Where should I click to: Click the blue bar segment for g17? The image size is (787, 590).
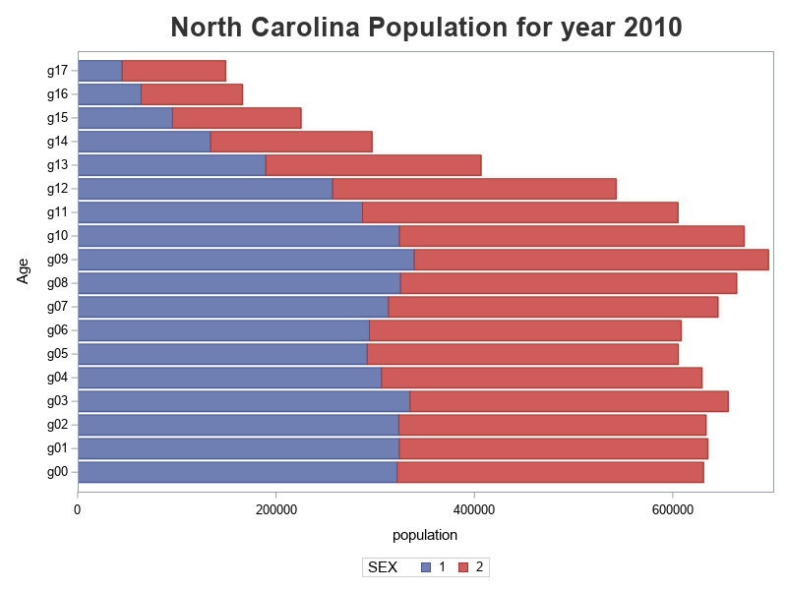[99, 71]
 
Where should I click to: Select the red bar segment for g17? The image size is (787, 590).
[173, 71]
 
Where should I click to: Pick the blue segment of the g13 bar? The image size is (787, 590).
[171, 165]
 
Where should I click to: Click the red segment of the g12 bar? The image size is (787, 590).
[474, 189]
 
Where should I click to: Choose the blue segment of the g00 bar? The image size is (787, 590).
[237, 472]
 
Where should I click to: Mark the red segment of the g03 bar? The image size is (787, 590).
[569, 401]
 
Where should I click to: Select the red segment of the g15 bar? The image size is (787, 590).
[236, 118]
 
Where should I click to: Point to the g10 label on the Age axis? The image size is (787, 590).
[57, 236]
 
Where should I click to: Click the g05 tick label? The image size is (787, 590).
[57, 354]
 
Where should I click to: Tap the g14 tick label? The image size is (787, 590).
[57, 142]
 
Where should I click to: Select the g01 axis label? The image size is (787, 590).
[57, 448]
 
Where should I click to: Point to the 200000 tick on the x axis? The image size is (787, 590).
[276, 508]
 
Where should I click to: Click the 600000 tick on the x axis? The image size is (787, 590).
[673, 508]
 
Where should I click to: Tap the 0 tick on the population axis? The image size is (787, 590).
[78, 508]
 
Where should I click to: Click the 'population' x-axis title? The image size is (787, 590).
[425, 536]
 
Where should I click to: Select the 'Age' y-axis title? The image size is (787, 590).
[24, 270]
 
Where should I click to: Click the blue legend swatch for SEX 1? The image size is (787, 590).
[426, 567]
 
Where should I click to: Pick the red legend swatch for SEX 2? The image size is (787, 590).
[463, 567]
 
